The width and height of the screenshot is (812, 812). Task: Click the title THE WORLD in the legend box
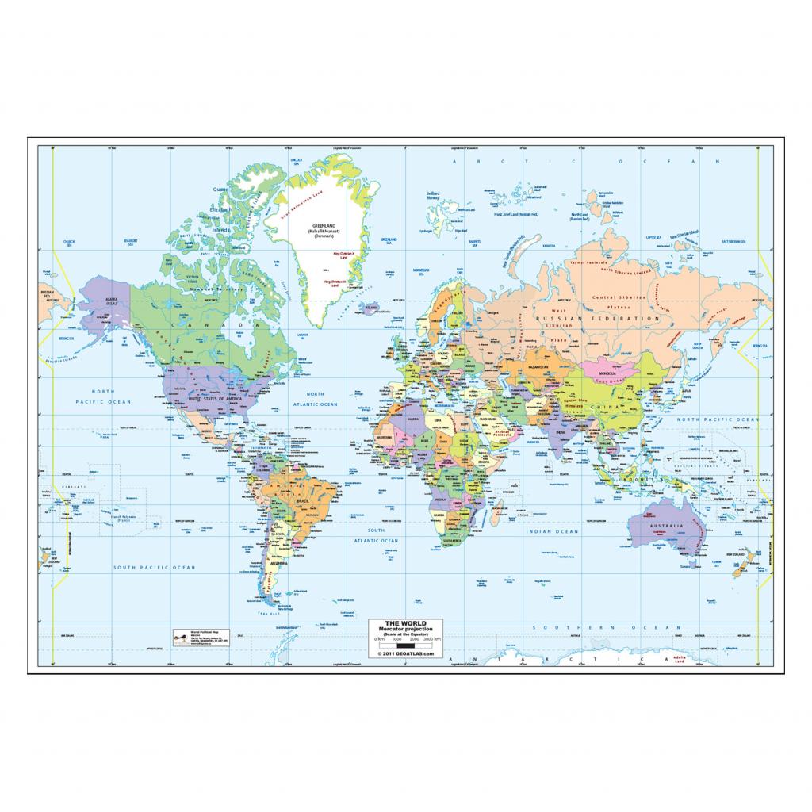click(x=399, y=623)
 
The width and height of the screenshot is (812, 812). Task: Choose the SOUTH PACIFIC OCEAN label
click(x=154, y=568)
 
